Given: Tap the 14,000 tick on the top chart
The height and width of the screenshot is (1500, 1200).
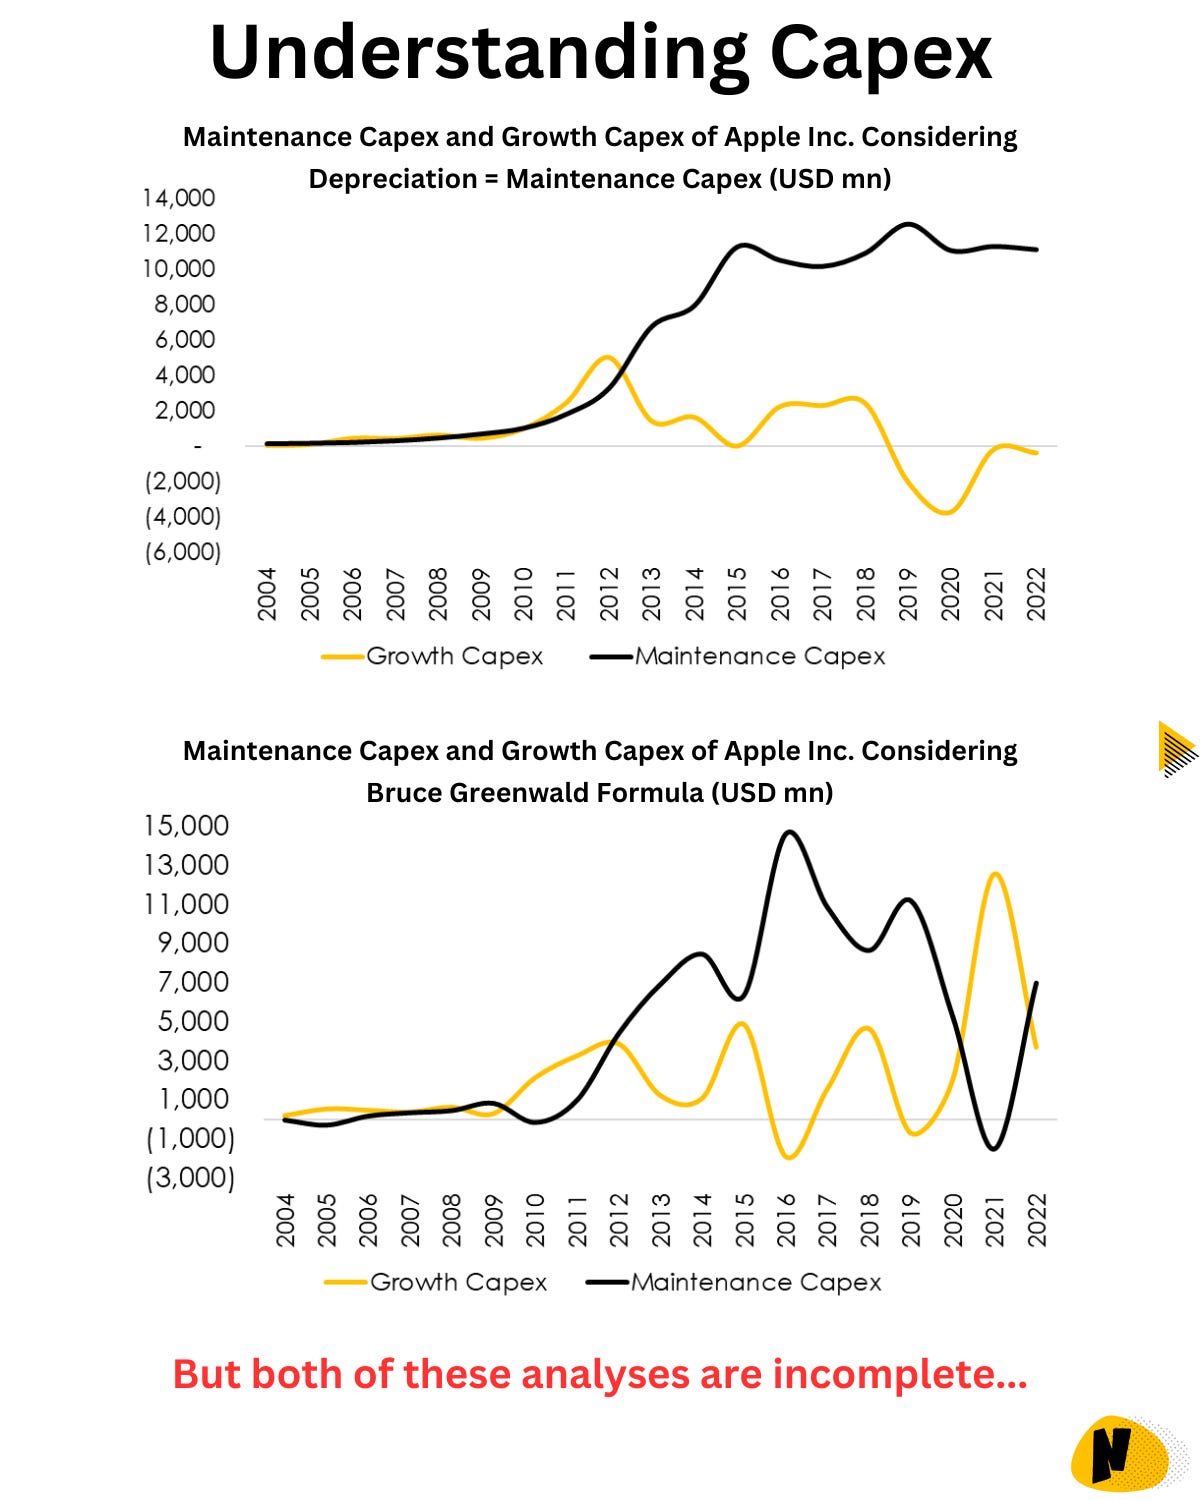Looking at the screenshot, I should [x=179, y=198].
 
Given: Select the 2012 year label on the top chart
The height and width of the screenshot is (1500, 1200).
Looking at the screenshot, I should [x=609, y=593].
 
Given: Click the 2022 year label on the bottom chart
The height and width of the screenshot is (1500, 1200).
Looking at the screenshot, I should [x=1037, y=1219].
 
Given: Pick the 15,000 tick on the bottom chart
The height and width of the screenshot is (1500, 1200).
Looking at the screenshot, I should [x=186, y=826].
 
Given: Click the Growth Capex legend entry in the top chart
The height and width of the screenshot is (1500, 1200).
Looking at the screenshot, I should [x=432, y=657].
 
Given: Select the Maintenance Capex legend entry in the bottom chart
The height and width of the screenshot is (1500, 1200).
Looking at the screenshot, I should [x=734, y=1283].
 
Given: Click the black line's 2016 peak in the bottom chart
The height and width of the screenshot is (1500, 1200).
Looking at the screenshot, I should [x=789, y=832].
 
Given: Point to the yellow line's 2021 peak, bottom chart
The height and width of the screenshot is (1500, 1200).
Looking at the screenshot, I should [x=995, y=874].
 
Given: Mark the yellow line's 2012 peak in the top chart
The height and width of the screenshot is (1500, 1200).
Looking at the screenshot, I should [x=606, y=357].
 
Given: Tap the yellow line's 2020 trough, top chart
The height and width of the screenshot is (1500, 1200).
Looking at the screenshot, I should [x=946, y=513].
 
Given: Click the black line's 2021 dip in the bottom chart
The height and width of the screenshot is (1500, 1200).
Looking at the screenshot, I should [x=992, y=1149].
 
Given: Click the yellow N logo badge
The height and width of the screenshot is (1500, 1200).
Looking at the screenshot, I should [x=1116, y=1454].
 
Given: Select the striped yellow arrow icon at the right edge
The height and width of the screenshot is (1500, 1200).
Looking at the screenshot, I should [x=1176, y=749].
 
